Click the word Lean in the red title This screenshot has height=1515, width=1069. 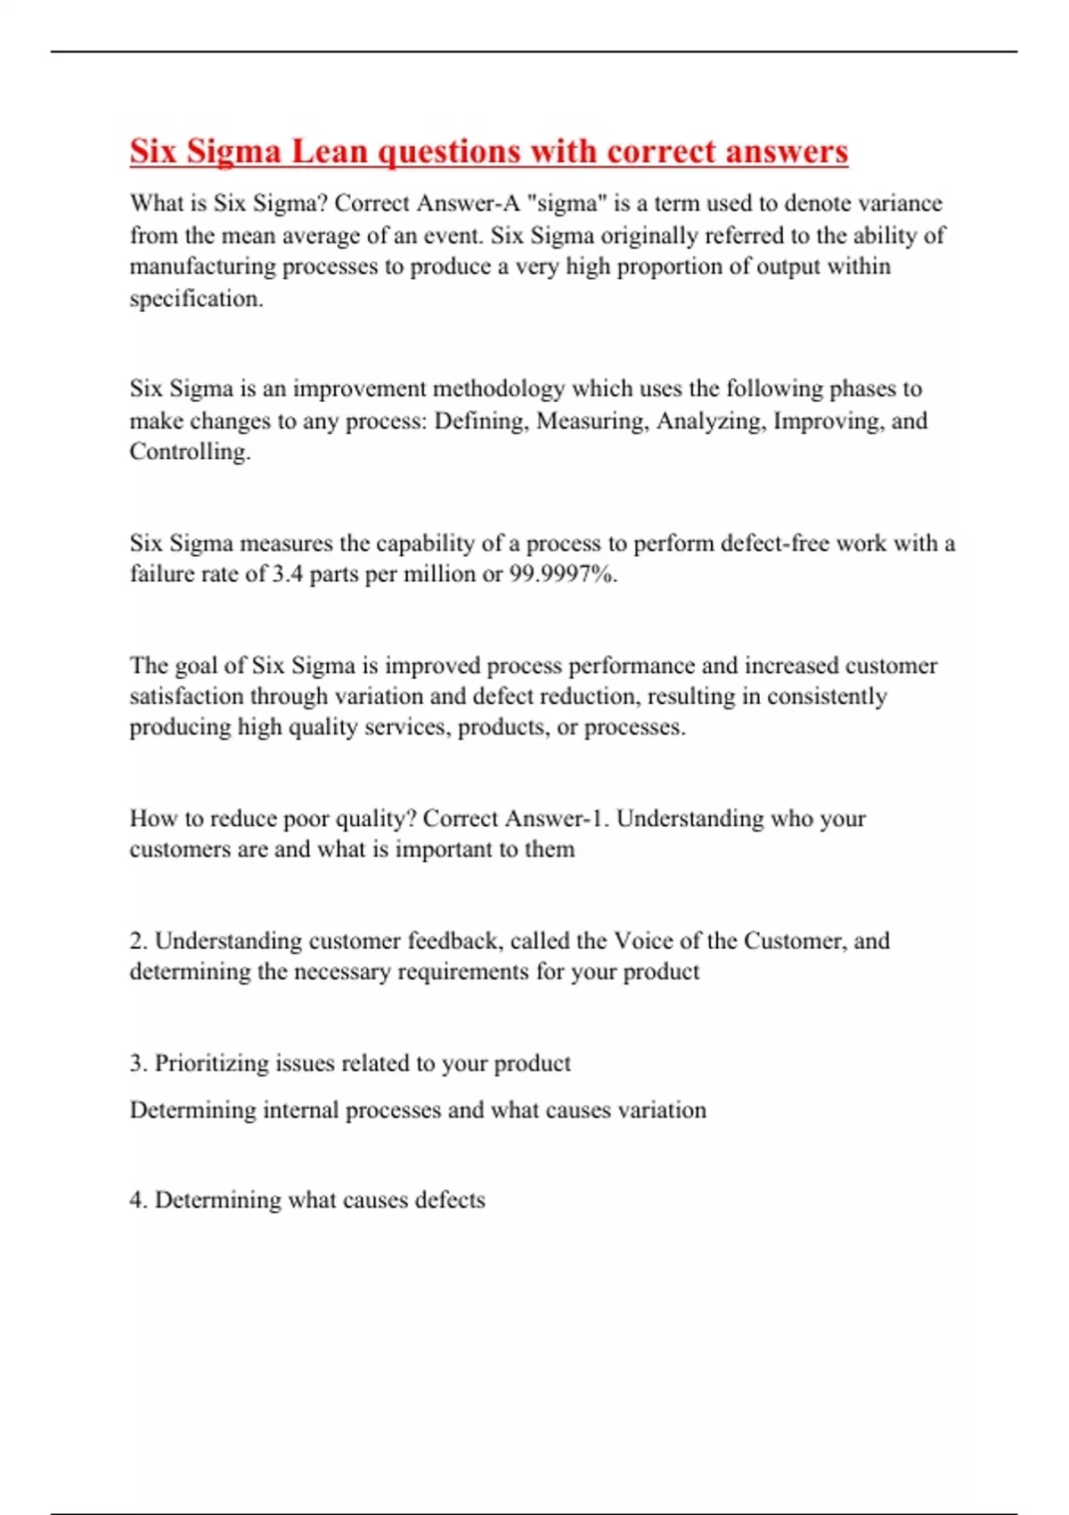point(330,151)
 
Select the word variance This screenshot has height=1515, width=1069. point(899,203)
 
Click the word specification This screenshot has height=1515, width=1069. point(196,299)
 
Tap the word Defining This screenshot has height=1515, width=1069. point(483,421)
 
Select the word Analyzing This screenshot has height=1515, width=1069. point(710,421)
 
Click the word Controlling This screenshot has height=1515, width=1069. point(189,451)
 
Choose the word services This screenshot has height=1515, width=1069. point(412,727)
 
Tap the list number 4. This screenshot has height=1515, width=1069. point(137,1200)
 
